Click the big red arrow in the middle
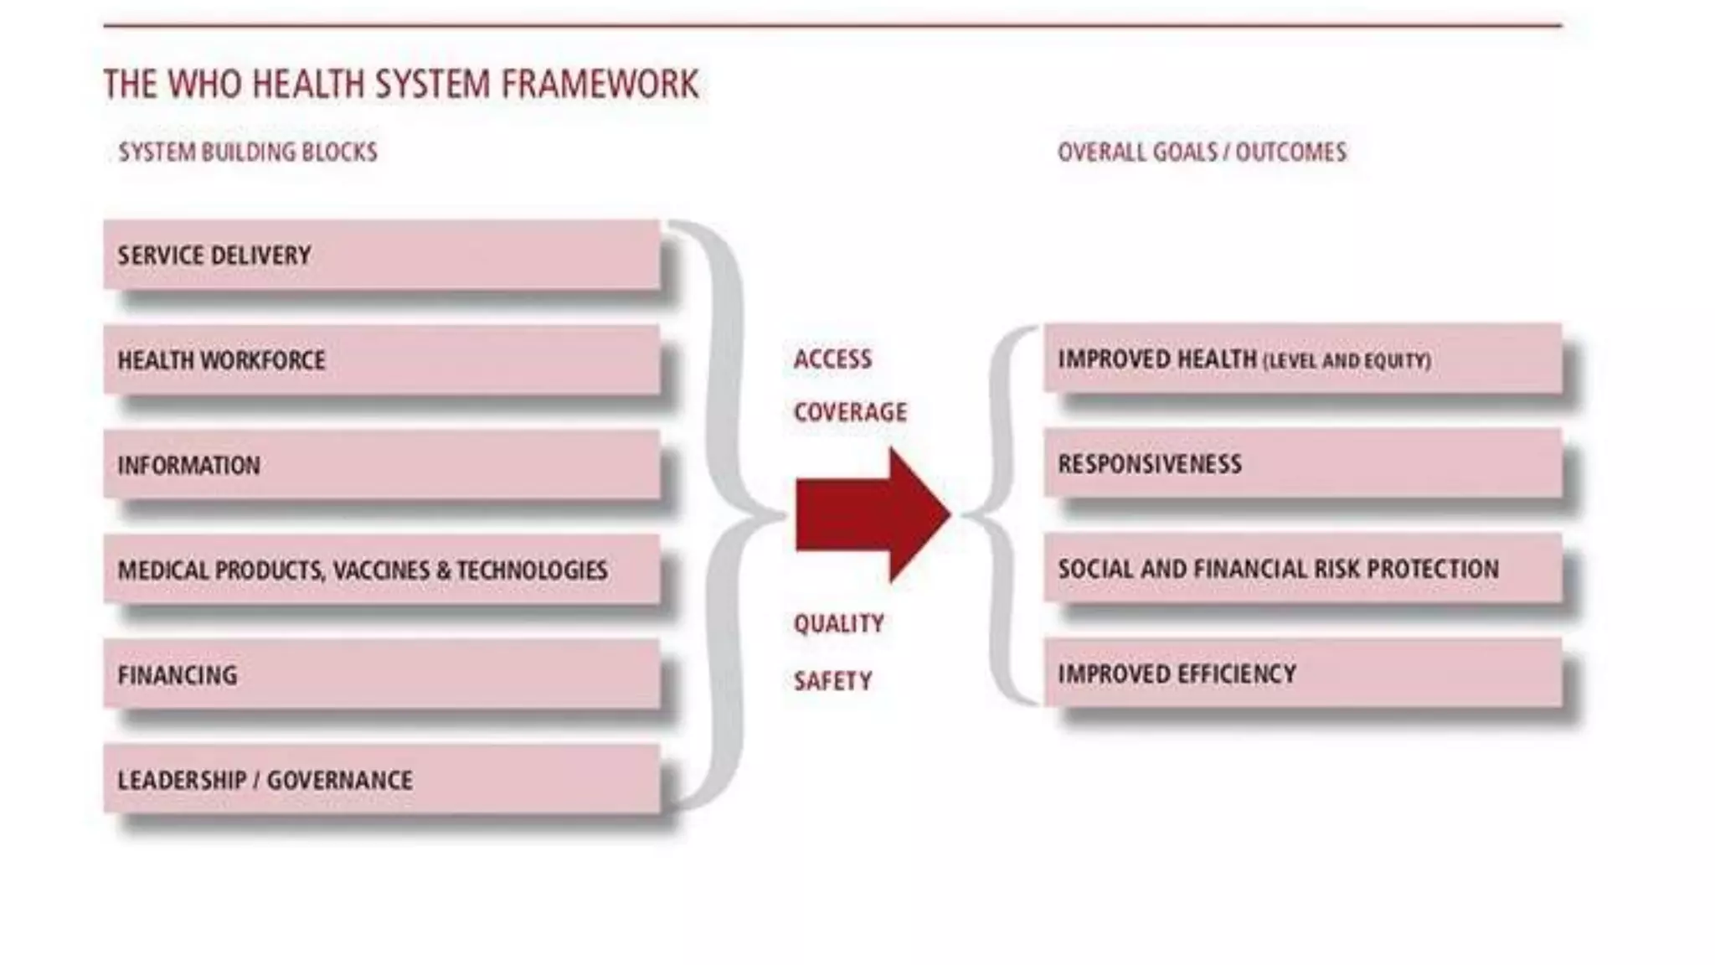[871, 514]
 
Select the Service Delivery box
[381, 255]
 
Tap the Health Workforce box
[381, 360]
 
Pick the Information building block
[381, 465]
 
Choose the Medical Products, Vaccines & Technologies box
[381, 570]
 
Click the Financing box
[381, 675]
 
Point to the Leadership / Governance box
[381, 780]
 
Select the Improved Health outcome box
[1302, 359]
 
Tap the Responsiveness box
[1302, 463]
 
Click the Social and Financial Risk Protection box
[1302, 569]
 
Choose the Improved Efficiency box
[1302, 673]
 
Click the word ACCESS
[832, 359]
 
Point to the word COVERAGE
[850, 412]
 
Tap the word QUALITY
[838, 624]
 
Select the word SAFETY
[832, 681]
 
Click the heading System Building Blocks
[248, 152]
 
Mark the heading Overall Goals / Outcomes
[1202, 152]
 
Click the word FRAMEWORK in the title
[600, 85]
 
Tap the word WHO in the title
[204, 85]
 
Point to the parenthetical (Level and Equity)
[1347, 361]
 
